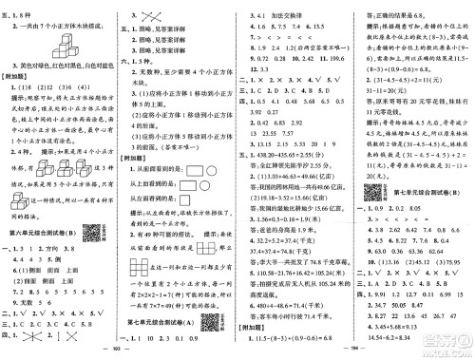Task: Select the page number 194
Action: [x=355, y=353]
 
